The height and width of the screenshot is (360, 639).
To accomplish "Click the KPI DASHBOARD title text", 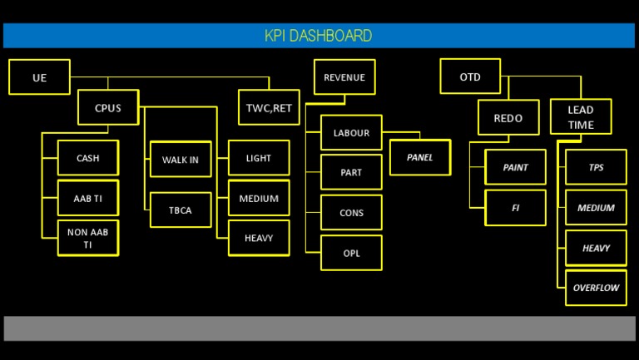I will coord(318,36).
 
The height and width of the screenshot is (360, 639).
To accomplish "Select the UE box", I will coord(39,77).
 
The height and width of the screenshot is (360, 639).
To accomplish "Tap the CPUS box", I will coord(108,107).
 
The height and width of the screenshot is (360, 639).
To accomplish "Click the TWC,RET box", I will coord(269,107).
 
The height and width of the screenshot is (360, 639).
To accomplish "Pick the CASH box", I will coord(87,158).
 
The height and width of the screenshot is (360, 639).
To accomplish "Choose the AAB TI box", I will coord(87,199).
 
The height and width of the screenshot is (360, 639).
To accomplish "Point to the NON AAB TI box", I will coord(87,239).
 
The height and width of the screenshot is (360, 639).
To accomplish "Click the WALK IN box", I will coord(181,160).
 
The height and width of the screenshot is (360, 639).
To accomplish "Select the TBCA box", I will coord(181,210).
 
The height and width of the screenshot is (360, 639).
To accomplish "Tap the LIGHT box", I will coord(259,158).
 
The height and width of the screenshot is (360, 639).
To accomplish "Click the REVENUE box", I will coord(344,77).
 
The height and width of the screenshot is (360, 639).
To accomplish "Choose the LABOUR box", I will coord(351,133).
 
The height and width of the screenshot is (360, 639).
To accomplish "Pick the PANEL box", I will coord(420,157).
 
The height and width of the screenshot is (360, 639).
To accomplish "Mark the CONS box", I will coord(351,213).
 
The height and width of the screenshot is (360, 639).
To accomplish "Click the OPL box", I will coord(351,253).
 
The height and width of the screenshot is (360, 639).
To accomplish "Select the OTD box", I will coord(470,77).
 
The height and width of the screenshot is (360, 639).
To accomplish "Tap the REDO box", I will coord(508,118).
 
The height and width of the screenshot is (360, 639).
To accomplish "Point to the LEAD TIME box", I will coord(581,117).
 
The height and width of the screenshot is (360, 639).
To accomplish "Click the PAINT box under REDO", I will coord(515,167).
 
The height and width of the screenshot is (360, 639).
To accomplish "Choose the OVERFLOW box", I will coord(596,288).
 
